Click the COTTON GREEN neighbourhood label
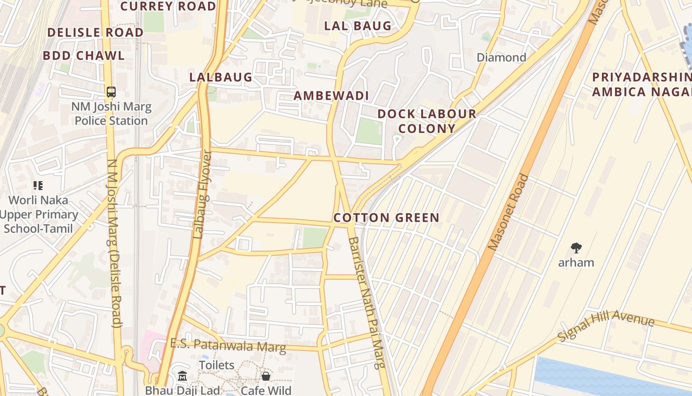coord(386,218)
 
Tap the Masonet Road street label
coord(509,212)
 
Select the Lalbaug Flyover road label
coord(202,195)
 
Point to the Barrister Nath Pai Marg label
coord(366,303)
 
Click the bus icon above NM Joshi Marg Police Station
coord(111,92)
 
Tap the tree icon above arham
coord(576,248)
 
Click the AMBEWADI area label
coord(331,96)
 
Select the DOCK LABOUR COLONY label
coord(427,121)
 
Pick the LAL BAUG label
coord(357,26)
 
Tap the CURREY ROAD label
coord(168,6)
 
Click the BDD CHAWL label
coord(84,55)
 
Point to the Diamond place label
coord(501,57)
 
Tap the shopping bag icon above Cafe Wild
coord(266,376)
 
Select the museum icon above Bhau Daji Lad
coord(182,376)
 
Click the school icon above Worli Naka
coord(38,186)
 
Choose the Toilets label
coord(216,365)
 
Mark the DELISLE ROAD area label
coord(95,33)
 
